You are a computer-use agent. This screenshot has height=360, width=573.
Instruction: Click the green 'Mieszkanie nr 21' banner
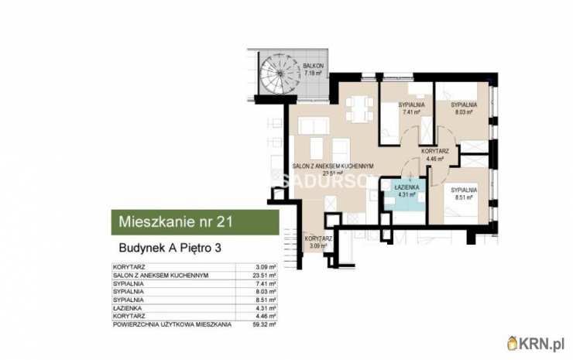[x=193, y=223]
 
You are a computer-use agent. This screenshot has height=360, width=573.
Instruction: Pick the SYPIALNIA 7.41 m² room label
[x=410, y=107]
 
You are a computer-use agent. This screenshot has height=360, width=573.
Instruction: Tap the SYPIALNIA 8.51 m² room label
[x=463, y=192]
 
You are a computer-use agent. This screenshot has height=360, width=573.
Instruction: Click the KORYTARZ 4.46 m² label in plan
[x=434, y=155]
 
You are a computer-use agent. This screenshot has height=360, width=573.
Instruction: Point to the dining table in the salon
[x=358, y=108]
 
